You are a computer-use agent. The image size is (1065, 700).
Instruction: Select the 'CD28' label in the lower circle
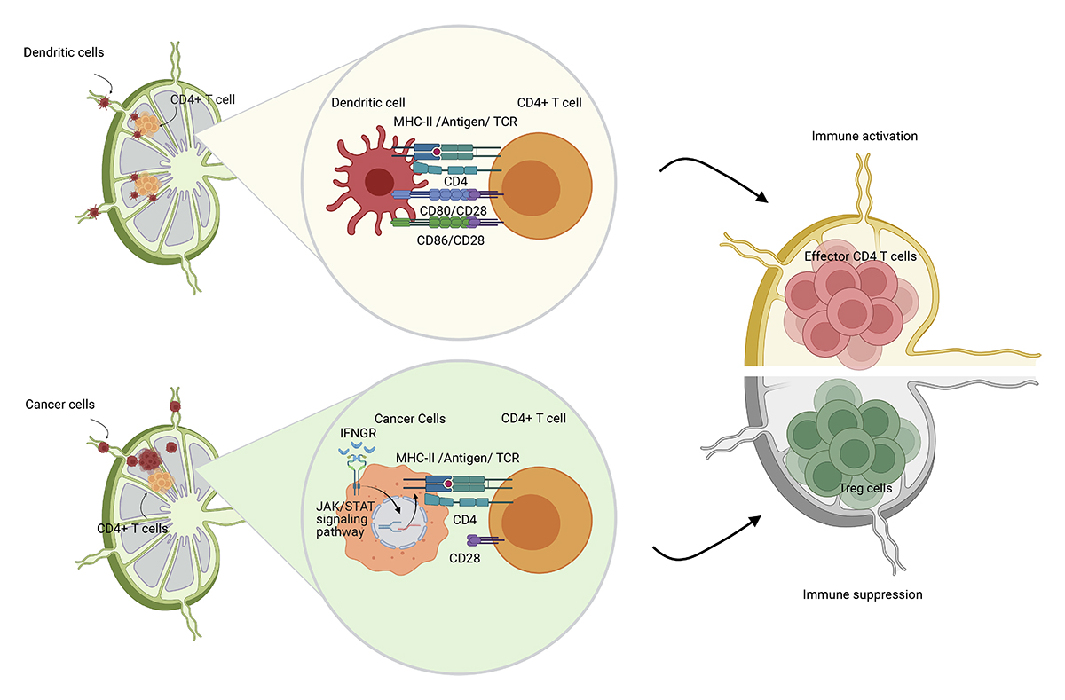(x=466, y=558)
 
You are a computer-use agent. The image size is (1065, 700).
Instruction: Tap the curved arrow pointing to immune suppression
(x=710, y=541)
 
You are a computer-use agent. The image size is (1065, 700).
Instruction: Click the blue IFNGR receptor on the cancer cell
(x=358, y=460)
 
